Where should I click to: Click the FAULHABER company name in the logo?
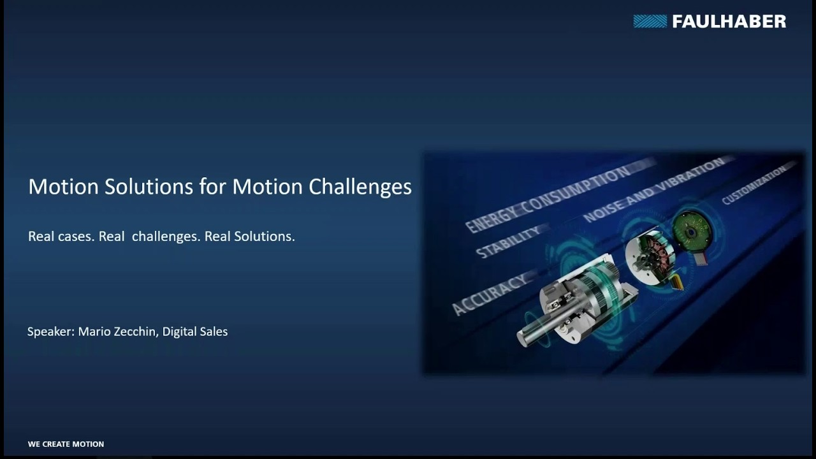[729, 22]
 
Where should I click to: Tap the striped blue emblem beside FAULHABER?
[650, 21]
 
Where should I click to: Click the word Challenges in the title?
[360, 187]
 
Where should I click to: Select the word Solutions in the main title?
[149, 187]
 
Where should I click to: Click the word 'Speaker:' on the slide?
[51, 331]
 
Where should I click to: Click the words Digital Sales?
[195, 331]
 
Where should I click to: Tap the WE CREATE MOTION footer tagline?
[66, 444]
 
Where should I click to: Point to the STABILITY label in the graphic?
[508, 242]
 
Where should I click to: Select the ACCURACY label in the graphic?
[489, 295]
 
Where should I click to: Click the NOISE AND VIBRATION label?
[653, 189]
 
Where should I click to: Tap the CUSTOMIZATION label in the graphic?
[754, 185]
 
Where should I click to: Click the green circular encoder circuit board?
[690, 231]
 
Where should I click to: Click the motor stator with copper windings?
[653, 256]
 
